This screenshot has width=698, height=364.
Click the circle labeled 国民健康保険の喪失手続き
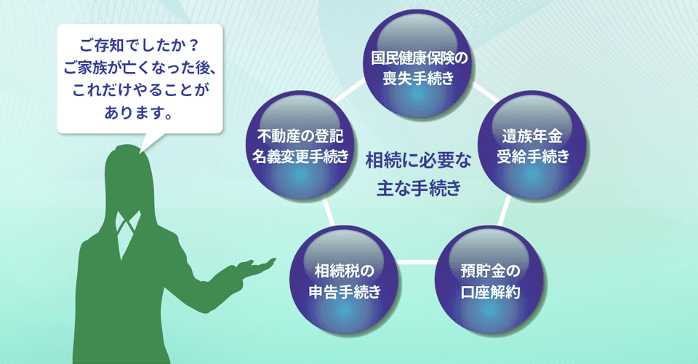[x=419, y=64]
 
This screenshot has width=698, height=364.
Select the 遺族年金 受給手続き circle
[x=532, y=146]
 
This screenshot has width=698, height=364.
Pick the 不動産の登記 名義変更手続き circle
[x=300, y=146]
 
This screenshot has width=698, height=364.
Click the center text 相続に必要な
[x=418, y=161]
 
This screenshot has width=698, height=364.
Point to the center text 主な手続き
[x=419, y=188]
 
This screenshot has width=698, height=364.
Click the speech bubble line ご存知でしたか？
[x=140, y=46]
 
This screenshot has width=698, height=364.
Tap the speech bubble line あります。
[x=139, y=113]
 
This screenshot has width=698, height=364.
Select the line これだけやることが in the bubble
[x=140, y=90]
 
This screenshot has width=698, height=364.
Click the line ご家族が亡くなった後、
[x=140, y=68]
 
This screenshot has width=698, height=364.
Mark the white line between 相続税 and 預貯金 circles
[x=417, y=262]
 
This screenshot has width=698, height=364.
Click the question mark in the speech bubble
[x=193, y=46]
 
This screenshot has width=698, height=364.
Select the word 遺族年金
[x=532, y=135]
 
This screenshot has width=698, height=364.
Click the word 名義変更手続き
[x=300, y=157]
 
